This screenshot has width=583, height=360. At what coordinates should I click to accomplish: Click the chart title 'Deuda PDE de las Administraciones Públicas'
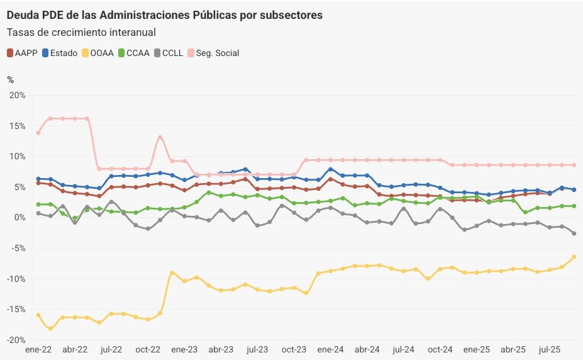(165, 15)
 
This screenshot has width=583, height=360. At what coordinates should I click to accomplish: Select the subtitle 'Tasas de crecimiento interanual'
(81, 32)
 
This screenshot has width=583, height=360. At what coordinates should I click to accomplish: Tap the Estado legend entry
(59, 53)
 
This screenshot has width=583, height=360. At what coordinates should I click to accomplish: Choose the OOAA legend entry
(97, 53)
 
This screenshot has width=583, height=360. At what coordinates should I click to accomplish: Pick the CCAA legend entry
(134, 53)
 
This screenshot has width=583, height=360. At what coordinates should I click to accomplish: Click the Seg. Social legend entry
(213, 53)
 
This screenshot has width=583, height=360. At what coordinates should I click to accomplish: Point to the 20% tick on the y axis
(17, 95)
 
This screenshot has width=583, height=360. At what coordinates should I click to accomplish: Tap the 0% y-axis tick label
(19, 218)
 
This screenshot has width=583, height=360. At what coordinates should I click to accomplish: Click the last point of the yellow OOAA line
(574, 257)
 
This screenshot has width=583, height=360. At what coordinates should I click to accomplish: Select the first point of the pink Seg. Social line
(38, 133)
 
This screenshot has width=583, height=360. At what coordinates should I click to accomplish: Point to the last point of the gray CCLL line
(574, 233)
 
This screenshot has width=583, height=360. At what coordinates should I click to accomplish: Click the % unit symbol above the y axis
(10, 79)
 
